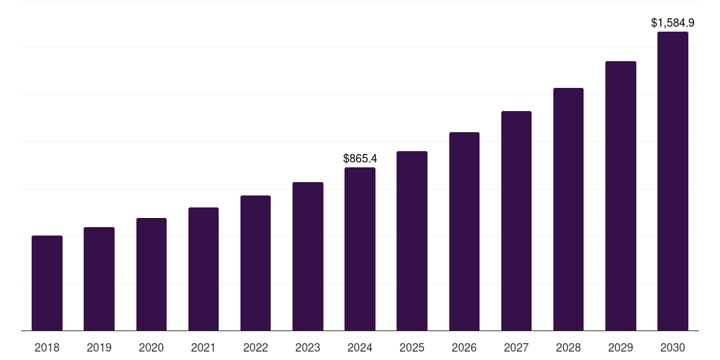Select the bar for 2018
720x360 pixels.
47,283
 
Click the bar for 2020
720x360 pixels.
151,274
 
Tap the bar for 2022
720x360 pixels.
255,263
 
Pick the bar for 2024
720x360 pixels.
360,249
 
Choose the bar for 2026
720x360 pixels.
464,231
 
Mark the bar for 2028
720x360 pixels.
568,209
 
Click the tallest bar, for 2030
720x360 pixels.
673,181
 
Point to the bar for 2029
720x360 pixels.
621,195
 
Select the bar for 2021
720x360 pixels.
203,269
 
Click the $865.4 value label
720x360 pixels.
359,159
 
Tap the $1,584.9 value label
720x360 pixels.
673,23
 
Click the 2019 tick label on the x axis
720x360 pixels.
99,347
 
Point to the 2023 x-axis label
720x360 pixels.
308,347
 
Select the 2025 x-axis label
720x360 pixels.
412,347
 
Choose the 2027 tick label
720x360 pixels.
516,347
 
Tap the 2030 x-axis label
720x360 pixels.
673,347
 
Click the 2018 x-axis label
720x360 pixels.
47,347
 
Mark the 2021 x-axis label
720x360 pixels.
203,347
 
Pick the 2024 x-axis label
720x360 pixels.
360,347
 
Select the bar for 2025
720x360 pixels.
412,240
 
